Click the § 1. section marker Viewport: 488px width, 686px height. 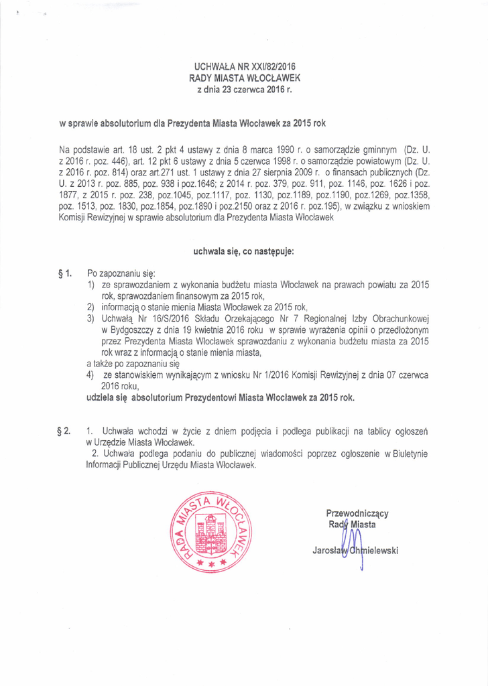click(x=66, y=274)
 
